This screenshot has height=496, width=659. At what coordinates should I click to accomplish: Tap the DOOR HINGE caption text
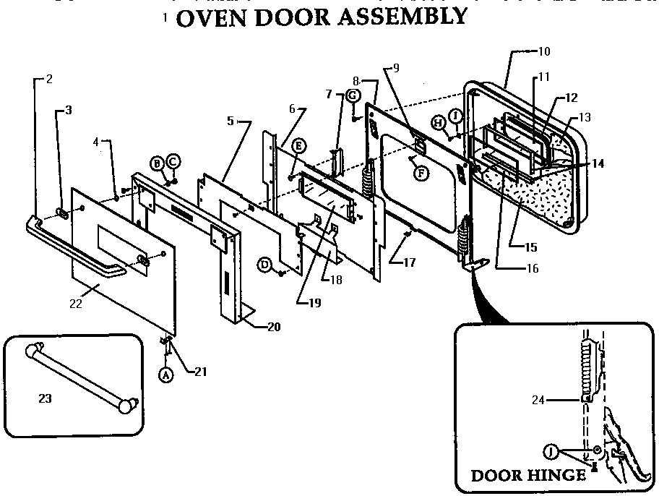point(528,475)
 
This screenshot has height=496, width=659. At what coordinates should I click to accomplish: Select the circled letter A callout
point(165,375)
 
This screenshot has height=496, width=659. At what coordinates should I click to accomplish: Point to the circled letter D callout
point(266,266)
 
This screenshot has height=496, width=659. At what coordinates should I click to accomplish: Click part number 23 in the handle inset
point(45,397)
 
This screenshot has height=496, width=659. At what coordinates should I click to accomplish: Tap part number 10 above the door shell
point(544,51)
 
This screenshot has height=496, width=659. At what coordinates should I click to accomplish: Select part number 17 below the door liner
point(410,262)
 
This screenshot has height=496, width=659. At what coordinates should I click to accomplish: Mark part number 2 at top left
point(49,79)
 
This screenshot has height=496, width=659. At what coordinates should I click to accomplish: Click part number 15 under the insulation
point(531,247)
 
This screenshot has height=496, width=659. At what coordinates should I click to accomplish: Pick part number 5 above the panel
point(231,121)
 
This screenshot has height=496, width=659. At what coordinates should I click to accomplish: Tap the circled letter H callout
point(439,123)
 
